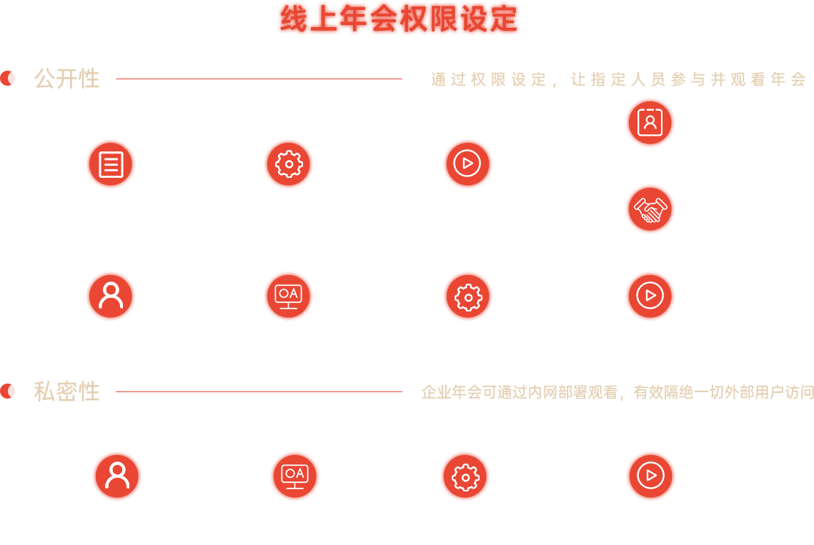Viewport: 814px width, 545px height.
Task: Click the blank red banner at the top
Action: pyautogui.click(x=399, y=19)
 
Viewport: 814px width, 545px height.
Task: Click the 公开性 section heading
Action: pyautogui.click(x=66, y=79)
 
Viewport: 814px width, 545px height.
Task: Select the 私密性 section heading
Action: pyautogui.click(x=66, y=391)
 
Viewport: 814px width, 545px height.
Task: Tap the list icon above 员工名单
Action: pyautogui.click(x=111, y=164)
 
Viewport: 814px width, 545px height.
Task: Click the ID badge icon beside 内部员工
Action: pyautogui.click(x=650, y=123)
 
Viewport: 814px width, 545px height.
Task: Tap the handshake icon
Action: pyautogui.click(x=650, y=209)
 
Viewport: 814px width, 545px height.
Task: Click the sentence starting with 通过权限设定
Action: pyautogui.click(x=618, y=79)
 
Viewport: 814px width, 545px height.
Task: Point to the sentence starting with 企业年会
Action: pyautogui.click(x=617, y=392)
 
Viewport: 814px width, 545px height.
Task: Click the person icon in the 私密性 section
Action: pyautogui.click(x=117, y=476)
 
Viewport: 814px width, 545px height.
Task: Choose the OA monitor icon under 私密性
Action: pyautogui.click(x=294, y=476)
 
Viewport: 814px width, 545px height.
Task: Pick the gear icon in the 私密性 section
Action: pyautogui.click(x=465, y=476)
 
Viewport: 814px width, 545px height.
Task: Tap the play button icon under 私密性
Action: pyautogui.click(x=650, y=476)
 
